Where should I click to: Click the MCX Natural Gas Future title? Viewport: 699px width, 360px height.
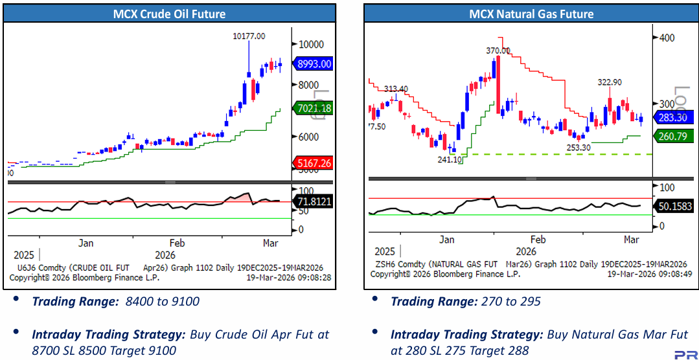pos(531,14)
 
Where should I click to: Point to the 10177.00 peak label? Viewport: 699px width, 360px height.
pos(249,36)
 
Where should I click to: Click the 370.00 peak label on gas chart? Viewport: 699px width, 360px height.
pos(498,50)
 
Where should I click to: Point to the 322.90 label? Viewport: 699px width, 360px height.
pos(609,82)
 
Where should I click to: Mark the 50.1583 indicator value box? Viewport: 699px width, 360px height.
pos(674,206)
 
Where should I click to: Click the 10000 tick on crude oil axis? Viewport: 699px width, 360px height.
pos(311,44)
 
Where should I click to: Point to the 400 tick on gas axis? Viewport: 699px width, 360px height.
pos(667,38)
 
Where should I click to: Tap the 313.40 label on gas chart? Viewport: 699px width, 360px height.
pos(396,89)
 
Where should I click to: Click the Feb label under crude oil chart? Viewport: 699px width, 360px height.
pos(178,243)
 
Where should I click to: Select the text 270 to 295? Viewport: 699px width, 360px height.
pos(510,301)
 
